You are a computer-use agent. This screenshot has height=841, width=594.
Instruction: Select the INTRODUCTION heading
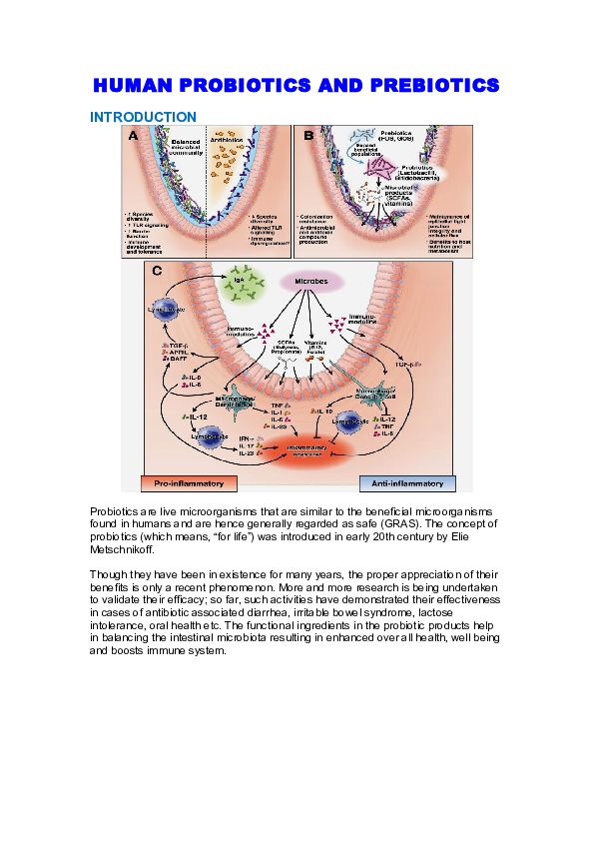(x=143, y=117)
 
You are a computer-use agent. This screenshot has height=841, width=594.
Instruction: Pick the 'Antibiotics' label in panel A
(x=232, y=141)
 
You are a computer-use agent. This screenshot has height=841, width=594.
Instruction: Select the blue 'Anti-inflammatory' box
(x=407, y=483)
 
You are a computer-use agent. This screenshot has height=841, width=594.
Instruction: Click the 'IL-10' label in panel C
(x=321, y=410)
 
